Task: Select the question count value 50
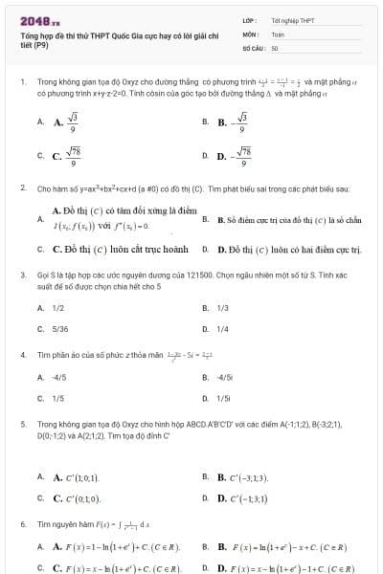(275, 46)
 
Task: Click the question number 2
(22, 188)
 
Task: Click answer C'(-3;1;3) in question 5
(248, 476)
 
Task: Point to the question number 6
(22, 525)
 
